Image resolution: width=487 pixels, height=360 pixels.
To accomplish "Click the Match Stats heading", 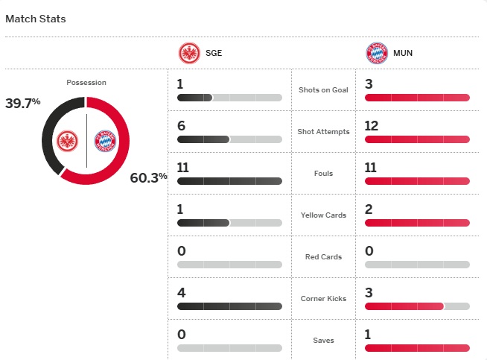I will click(36, 19).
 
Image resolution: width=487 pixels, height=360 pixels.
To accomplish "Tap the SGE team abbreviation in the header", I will click(213, 54).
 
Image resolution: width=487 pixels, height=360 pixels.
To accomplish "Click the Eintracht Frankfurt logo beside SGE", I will click(189, 54).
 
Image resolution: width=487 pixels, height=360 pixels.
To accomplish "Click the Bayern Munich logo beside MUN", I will click(377, 54).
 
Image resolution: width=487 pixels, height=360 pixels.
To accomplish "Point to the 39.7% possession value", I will click(22, 104).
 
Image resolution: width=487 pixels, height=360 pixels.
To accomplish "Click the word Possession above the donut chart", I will click(86, 83).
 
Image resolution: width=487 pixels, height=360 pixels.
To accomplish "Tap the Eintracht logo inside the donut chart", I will click(68, 141).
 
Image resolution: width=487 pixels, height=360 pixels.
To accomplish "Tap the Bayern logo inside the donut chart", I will click(105, 141).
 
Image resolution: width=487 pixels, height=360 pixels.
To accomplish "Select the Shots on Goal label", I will click(323, 90).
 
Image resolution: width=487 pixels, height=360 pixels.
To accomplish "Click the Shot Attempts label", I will click(323, 132).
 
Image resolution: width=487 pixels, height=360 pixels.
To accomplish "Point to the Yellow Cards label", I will click(323, 215).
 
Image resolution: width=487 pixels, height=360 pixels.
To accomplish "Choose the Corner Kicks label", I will click(323, 298).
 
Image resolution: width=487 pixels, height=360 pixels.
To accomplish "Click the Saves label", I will click(323, 341).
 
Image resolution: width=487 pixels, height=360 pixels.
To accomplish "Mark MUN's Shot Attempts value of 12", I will click(372, 126).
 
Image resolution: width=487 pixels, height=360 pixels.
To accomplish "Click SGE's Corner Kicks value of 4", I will click(181, 293).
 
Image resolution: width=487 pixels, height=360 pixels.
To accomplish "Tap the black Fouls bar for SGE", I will click(229, 181).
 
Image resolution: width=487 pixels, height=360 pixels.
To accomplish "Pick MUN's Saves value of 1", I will click(368, 335).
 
